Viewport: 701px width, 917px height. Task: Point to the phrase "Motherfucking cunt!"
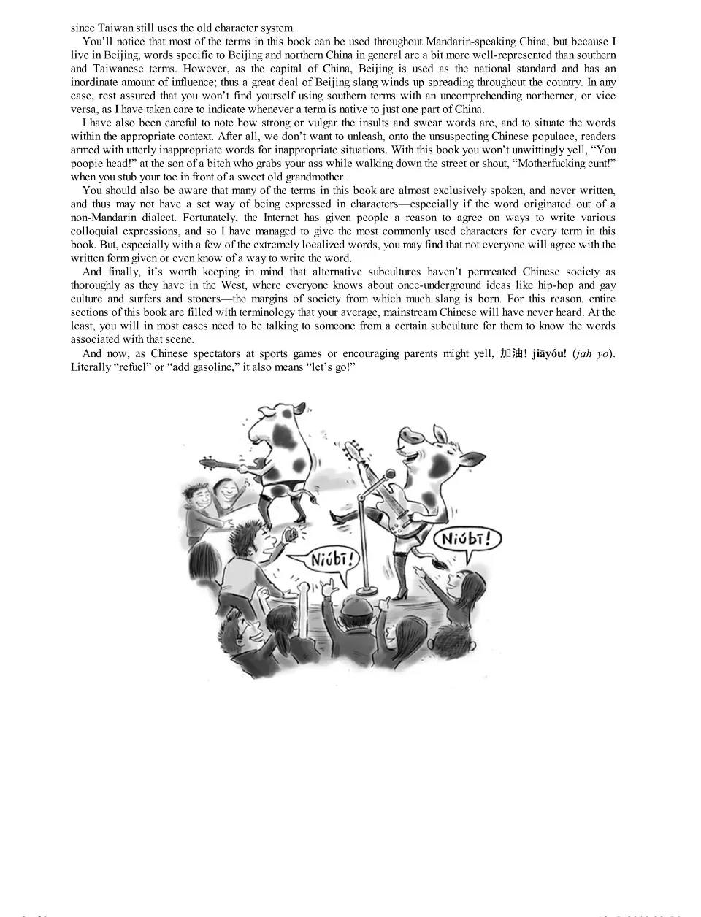[x=567, y=164]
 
